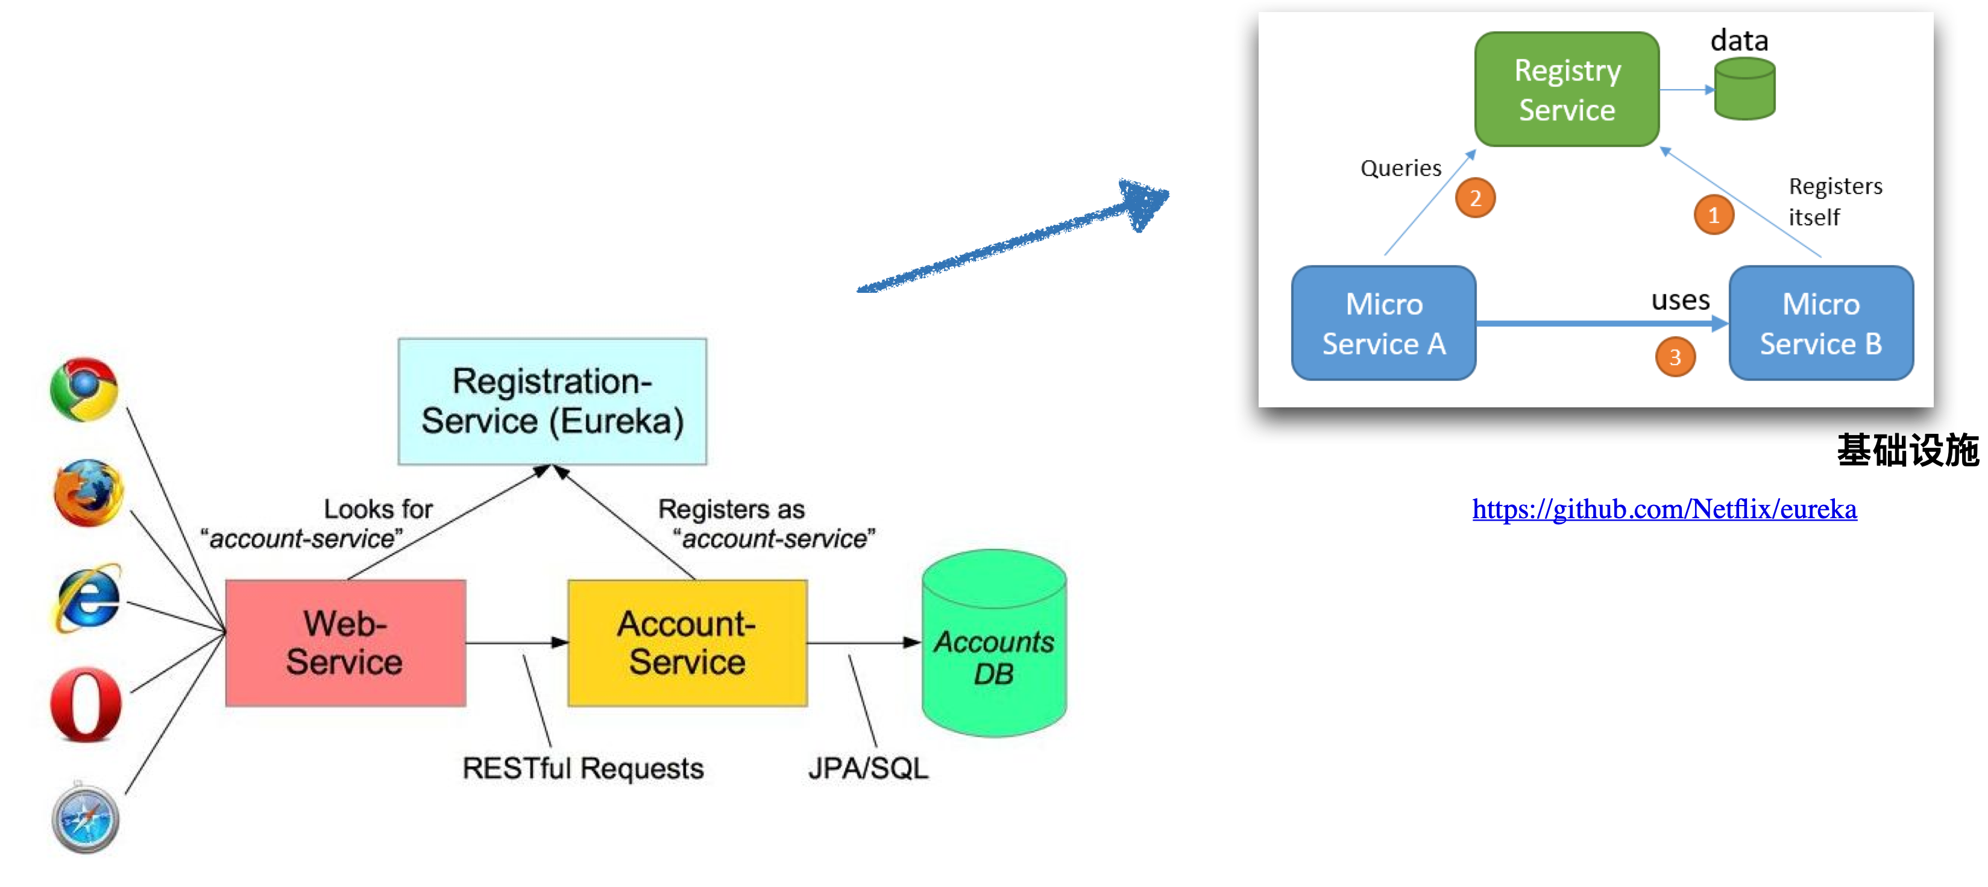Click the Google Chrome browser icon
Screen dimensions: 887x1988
point(84,389)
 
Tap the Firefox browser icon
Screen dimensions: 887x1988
point(88,493)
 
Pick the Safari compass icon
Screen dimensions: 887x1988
point(86,818)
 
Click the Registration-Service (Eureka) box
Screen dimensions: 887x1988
point(552,401)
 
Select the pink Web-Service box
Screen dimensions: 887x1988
point(345,642)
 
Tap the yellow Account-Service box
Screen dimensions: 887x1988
point(687,642)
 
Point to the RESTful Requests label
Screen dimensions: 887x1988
point(583,768)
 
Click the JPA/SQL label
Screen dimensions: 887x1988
point(868,768)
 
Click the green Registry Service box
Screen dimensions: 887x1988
point(1567,89)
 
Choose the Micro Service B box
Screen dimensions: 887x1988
point(1820,323)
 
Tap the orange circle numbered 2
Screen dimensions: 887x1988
point(1475,198)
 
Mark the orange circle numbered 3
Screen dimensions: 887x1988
point(1675,357)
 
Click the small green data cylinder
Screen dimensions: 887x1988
point(1744,89)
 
